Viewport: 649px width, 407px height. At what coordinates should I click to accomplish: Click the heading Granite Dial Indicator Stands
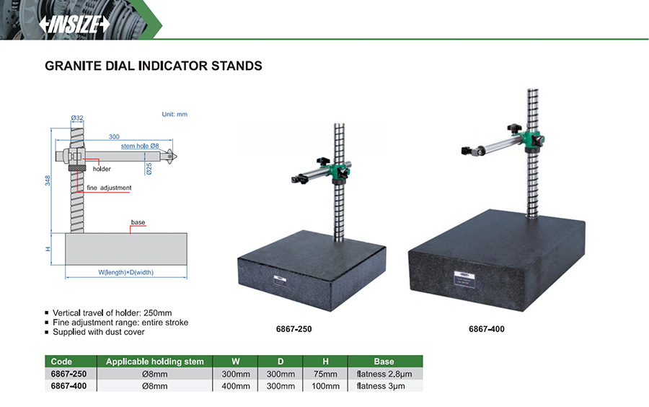[153, 66]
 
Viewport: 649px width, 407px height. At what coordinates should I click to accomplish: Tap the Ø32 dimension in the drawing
[77, 118]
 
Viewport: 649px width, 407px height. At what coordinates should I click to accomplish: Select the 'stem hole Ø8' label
[140, 146]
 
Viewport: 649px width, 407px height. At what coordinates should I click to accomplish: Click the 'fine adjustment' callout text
[109, 188]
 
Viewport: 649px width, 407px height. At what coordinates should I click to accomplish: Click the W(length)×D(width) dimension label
[126, 272]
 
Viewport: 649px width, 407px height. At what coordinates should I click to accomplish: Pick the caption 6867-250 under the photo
[293, 329]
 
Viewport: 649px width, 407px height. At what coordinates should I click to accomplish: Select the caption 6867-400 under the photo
[486, 329]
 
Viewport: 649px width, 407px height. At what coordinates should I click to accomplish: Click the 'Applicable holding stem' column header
[155, 362]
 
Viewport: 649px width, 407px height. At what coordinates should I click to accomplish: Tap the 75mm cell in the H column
[325, 374]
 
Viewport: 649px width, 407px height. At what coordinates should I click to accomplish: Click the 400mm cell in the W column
[236, 386]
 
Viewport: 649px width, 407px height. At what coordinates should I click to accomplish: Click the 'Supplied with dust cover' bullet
[99, 332]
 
